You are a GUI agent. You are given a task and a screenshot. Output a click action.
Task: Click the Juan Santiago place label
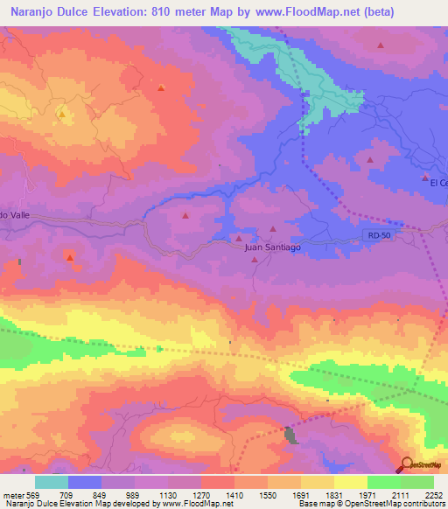(x=271, y=248)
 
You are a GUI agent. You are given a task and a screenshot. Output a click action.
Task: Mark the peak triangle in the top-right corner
(x=381, y=45)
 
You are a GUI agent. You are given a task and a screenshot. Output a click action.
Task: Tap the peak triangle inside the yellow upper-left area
(x=61, y=114)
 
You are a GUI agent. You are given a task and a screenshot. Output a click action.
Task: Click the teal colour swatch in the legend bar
(x=52, y=482)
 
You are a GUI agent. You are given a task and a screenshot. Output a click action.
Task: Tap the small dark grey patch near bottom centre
(x=290, y=434)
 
